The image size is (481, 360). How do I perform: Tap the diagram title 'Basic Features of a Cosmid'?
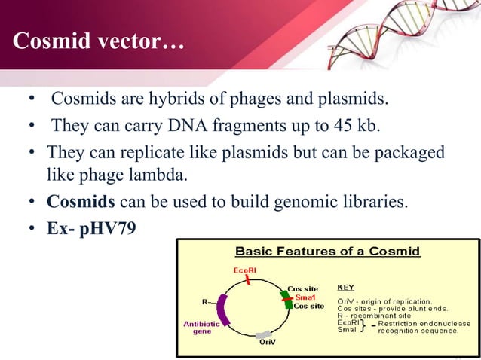(328, 251)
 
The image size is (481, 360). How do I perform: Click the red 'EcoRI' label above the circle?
(242, 270)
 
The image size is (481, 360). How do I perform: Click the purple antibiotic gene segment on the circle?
(222, 310)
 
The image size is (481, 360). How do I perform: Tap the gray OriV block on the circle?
(263, 334)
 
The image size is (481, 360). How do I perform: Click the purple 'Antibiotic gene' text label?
(202, 328)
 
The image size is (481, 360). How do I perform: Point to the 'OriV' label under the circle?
(268, 343)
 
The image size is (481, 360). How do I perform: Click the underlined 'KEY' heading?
(345, 287)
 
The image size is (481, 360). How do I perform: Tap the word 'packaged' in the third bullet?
(411, 152)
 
